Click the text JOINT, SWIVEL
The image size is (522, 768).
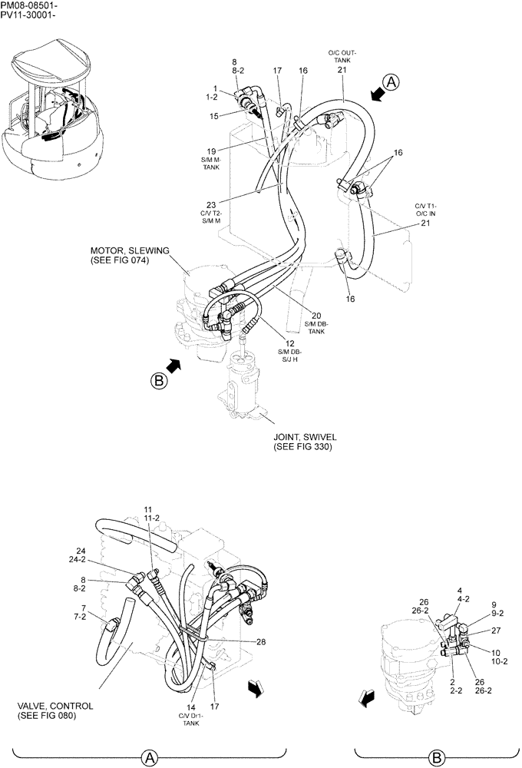tap(305, 436)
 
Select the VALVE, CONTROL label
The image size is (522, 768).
tap(55, 706)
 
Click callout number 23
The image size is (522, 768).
tap(211, 205)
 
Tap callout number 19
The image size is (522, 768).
tap(210, 151)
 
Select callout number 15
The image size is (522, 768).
tap(215, 115)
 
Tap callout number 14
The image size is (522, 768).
tap(191, 707)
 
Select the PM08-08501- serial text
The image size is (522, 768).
tap(29, 5)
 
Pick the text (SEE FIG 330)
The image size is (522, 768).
tap(302, 446)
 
